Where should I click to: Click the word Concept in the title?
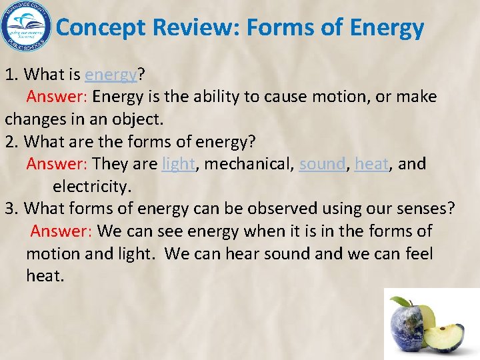point(101,28)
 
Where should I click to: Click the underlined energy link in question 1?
point(111,75)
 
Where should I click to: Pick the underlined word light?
point(179,164)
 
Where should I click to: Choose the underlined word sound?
point(323,164)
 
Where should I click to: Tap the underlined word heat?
point(372,164)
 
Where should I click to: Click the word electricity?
point(91,186)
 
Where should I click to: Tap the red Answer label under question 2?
point(57,164)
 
